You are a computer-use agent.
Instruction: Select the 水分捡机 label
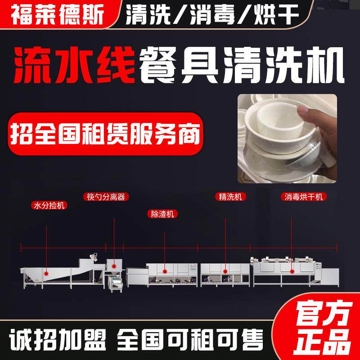[x=47, y=206]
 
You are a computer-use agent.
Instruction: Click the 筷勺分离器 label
[x=104, y=197]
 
